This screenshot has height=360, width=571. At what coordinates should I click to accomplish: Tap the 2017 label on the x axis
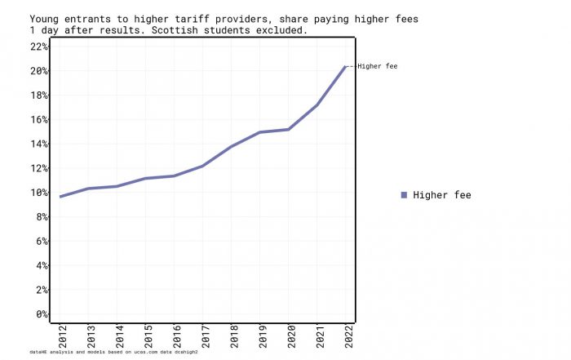click(x=204, y=336)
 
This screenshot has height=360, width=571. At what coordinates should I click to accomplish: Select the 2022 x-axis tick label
click(x=347, y=336)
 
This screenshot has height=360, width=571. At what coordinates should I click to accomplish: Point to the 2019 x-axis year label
click(x=261, y=336)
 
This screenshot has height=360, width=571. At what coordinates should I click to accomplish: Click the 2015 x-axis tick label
click(x=147, y=336)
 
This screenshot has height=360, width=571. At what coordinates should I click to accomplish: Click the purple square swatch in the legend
click(x=404, y=195)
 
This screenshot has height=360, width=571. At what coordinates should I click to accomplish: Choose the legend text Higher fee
click(x=442, y=195)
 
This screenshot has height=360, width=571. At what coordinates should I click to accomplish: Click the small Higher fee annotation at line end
click(x=378, y=66)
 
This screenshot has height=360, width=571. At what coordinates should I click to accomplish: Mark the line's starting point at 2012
click(x=60, y=197)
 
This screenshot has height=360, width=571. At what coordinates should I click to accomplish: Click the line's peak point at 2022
click(x=345, y=67)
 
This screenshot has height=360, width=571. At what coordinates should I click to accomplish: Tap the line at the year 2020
click(x=289, y=129)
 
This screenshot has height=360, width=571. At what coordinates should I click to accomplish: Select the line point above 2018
click(x=232, y=146)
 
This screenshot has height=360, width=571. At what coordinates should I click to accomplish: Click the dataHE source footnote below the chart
click(x=113, y=352)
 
